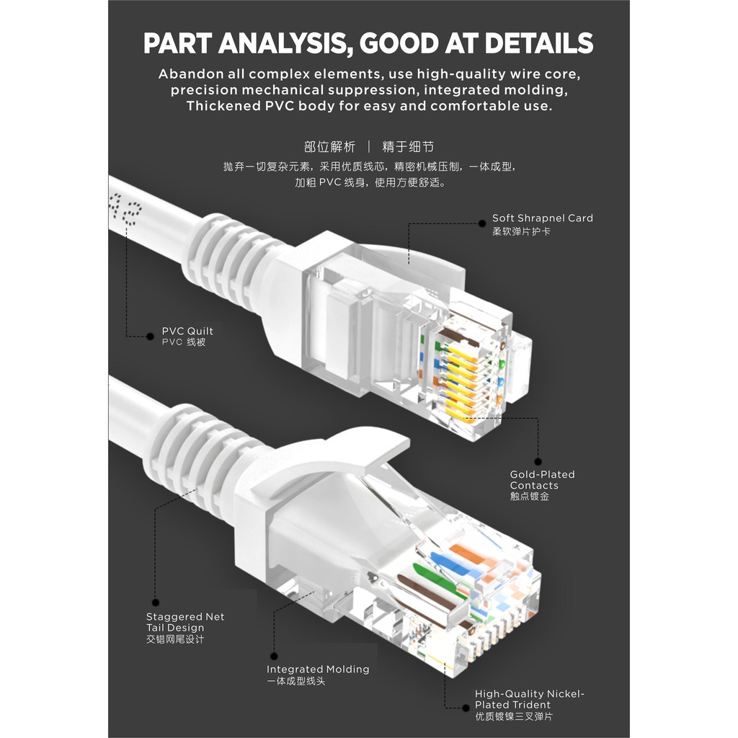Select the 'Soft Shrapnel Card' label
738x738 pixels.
pos(542,218)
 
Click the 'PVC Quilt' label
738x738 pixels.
pos(187,331)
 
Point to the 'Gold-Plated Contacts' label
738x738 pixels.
pos(542,480)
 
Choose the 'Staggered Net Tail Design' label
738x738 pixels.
pos(184,622)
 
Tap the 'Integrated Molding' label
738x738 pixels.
pos(318,670)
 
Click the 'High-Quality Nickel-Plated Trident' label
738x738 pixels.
pos(529,699)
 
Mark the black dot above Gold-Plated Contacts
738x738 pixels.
pos(538,461)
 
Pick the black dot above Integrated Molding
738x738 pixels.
pos(273,657)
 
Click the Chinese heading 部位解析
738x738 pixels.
pos(330,147)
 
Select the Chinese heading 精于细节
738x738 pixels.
pos(408,147)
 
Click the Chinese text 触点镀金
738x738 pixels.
pos(530,497)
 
